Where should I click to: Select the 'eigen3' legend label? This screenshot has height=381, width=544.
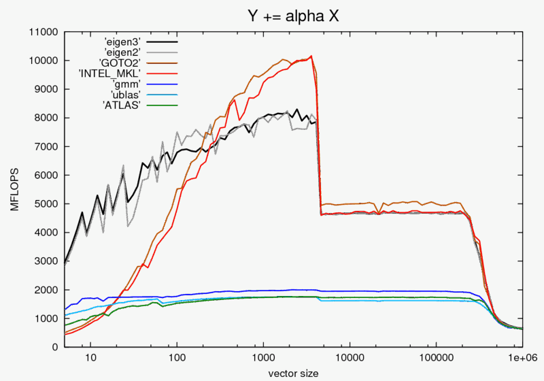coord(122,42)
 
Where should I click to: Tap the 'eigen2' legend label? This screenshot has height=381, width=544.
coord(122,52)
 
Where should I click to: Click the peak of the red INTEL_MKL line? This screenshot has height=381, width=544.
coord(311,56)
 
